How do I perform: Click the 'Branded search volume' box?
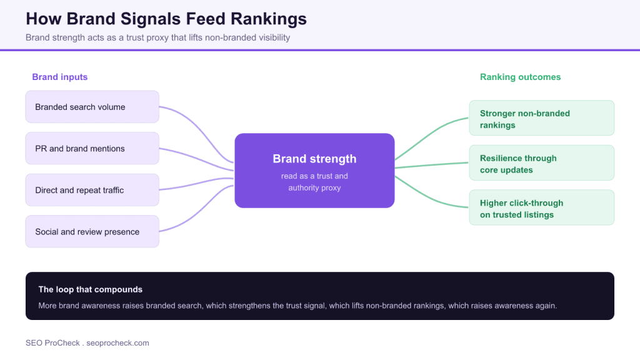pos(92,107)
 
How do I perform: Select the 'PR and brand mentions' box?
pos(92,149)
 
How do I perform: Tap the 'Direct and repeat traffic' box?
pos(92,190)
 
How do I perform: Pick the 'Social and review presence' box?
pos(92,231)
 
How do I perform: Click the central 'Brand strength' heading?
pos(314,159)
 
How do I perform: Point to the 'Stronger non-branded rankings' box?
pos(542,118)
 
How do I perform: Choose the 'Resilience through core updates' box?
pos(542,163)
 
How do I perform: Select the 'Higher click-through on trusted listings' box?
pos(542,207)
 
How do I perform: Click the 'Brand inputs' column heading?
pos(59,77)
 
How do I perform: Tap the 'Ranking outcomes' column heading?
pos(520,77)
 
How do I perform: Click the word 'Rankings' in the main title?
pos(269,19)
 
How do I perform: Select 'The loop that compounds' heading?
pos(90,289)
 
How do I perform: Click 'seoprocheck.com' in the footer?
pos(117,343)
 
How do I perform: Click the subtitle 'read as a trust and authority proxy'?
pos(314,182)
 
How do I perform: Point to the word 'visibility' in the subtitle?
pos(274,37)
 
